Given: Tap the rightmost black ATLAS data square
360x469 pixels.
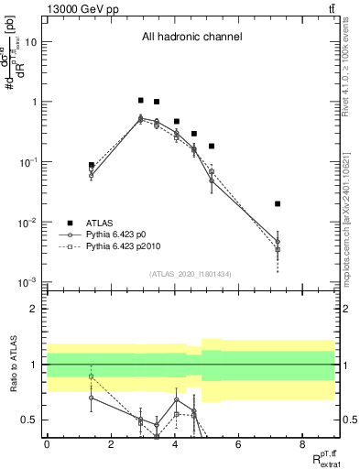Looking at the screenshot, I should [x=278, y=203].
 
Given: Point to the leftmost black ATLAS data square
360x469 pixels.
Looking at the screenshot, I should [x=92, y=166].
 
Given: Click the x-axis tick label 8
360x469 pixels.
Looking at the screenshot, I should [x=302, y=444].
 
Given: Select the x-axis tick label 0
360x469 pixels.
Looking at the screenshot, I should [x=47, y=444].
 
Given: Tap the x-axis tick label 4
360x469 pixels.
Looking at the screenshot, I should [x=174, y=444].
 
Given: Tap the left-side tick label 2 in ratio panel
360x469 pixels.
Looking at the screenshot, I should [x=35, y=310].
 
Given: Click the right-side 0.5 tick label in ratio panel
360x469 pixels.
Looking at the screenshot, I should [x=347, y=420].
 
